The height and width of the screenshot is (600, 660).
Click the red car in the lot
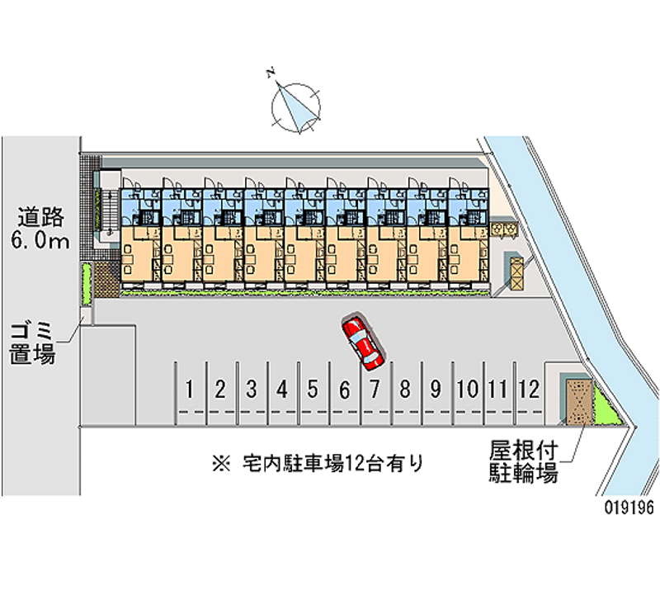point(363,342)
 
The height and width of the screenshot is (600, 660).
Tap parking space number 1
point(190,389)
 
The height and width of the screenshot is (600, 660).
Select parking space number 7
point(375,389)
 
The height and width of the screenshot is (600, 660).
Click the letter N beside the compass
point(271,73)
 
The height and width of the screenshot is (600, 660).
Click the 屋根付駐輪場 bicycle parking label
point(523,462)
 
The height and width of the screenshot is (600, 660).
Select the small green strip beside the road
point(85,284)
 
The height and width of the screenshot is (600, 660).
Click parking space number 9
point(436,389)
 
